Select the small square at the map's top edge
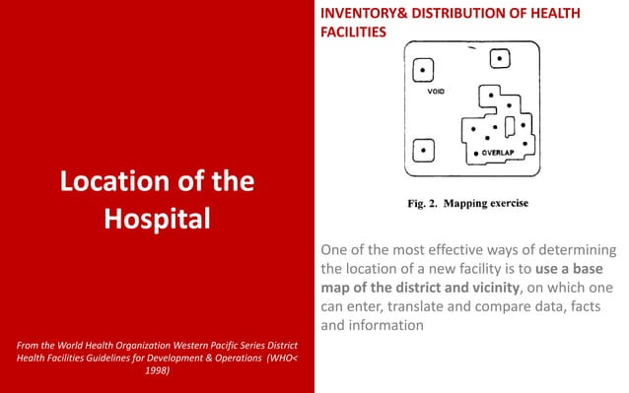point(501,59)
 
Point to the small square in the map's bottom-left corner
point(424,151)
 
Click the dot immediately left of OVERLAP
point(477,156)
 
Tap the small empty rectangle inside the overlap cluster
point(509,128)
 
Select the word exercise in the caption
point(506,206)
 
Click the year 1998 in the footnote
point(157,371)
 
